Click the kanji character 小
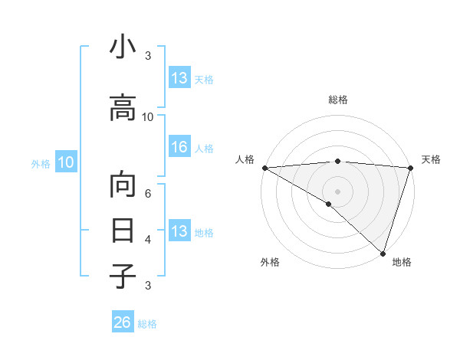pyautogui.click(x=123, y=48)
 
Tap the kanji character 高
pyautogui.click(x=123, y=110)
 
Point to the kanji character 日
pyautogui.click(x=123, y=231)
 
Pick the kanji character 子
pyautogui.click(x=123, y=276)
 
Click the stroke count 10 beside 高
pyautogui.click(x=148, y=116)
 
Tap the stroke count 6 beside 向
pyautogui.click(x=148, y=194)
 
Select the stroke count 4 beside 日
pyautogui.click(x=148, y=239)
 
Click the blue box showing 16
pyautogui.click(x=179, y=148)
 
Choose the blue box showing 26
pyautogui.click(x=123, y=322)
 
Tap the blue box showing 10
pyautogui.click(x=66, y=162)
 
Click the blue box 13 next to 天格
pyautogui.click(x=179, y=78)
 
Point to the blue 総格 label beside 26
pyautogui.click(x=147, y=324)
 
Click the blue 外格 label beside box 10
pyautogui.click(x=41, y=163)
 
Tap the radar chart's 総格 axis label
pyautogui.click(x=338, y=100)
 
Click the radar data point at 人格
pyautogui.click(x=264, y=168)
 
